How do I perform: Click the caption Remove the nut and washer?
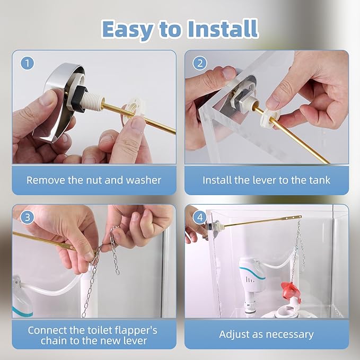(x=94, y=180)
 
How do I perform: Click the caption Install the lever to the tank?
(x=266, y=180)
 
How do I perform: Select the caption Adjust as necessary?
(x=266, y=335)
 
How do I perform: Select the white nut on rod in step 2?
(x=270, y=118)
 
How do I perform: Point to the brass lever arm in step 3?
(x=48, y=241)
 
